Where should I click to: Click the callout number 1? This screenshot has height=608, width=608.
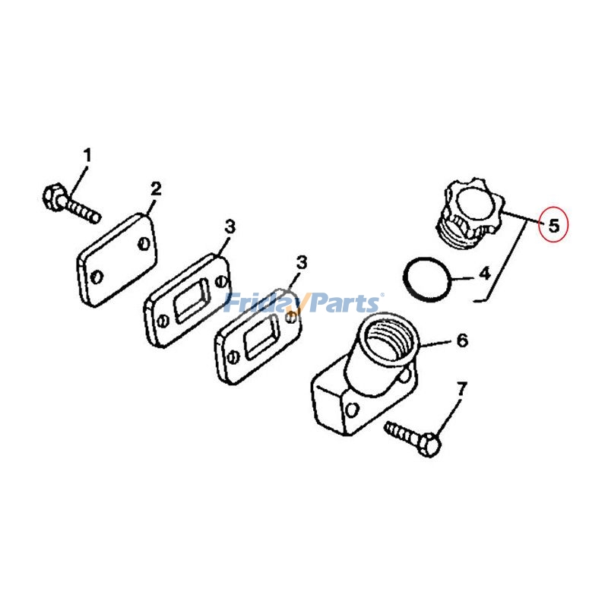coord(87,156)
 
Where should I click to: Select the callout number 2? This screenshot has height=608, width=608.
coord(156,188)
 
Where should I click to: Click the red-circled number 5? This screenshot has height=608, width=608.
coord(553,225)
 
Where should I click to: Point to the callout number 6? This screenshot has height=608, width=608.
coord(462,340)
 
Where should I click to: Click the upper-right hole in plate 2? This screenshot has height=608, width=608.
coord(144,244)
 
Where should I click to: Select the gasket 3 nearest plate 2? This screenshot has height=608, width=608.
coord(186,301)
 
